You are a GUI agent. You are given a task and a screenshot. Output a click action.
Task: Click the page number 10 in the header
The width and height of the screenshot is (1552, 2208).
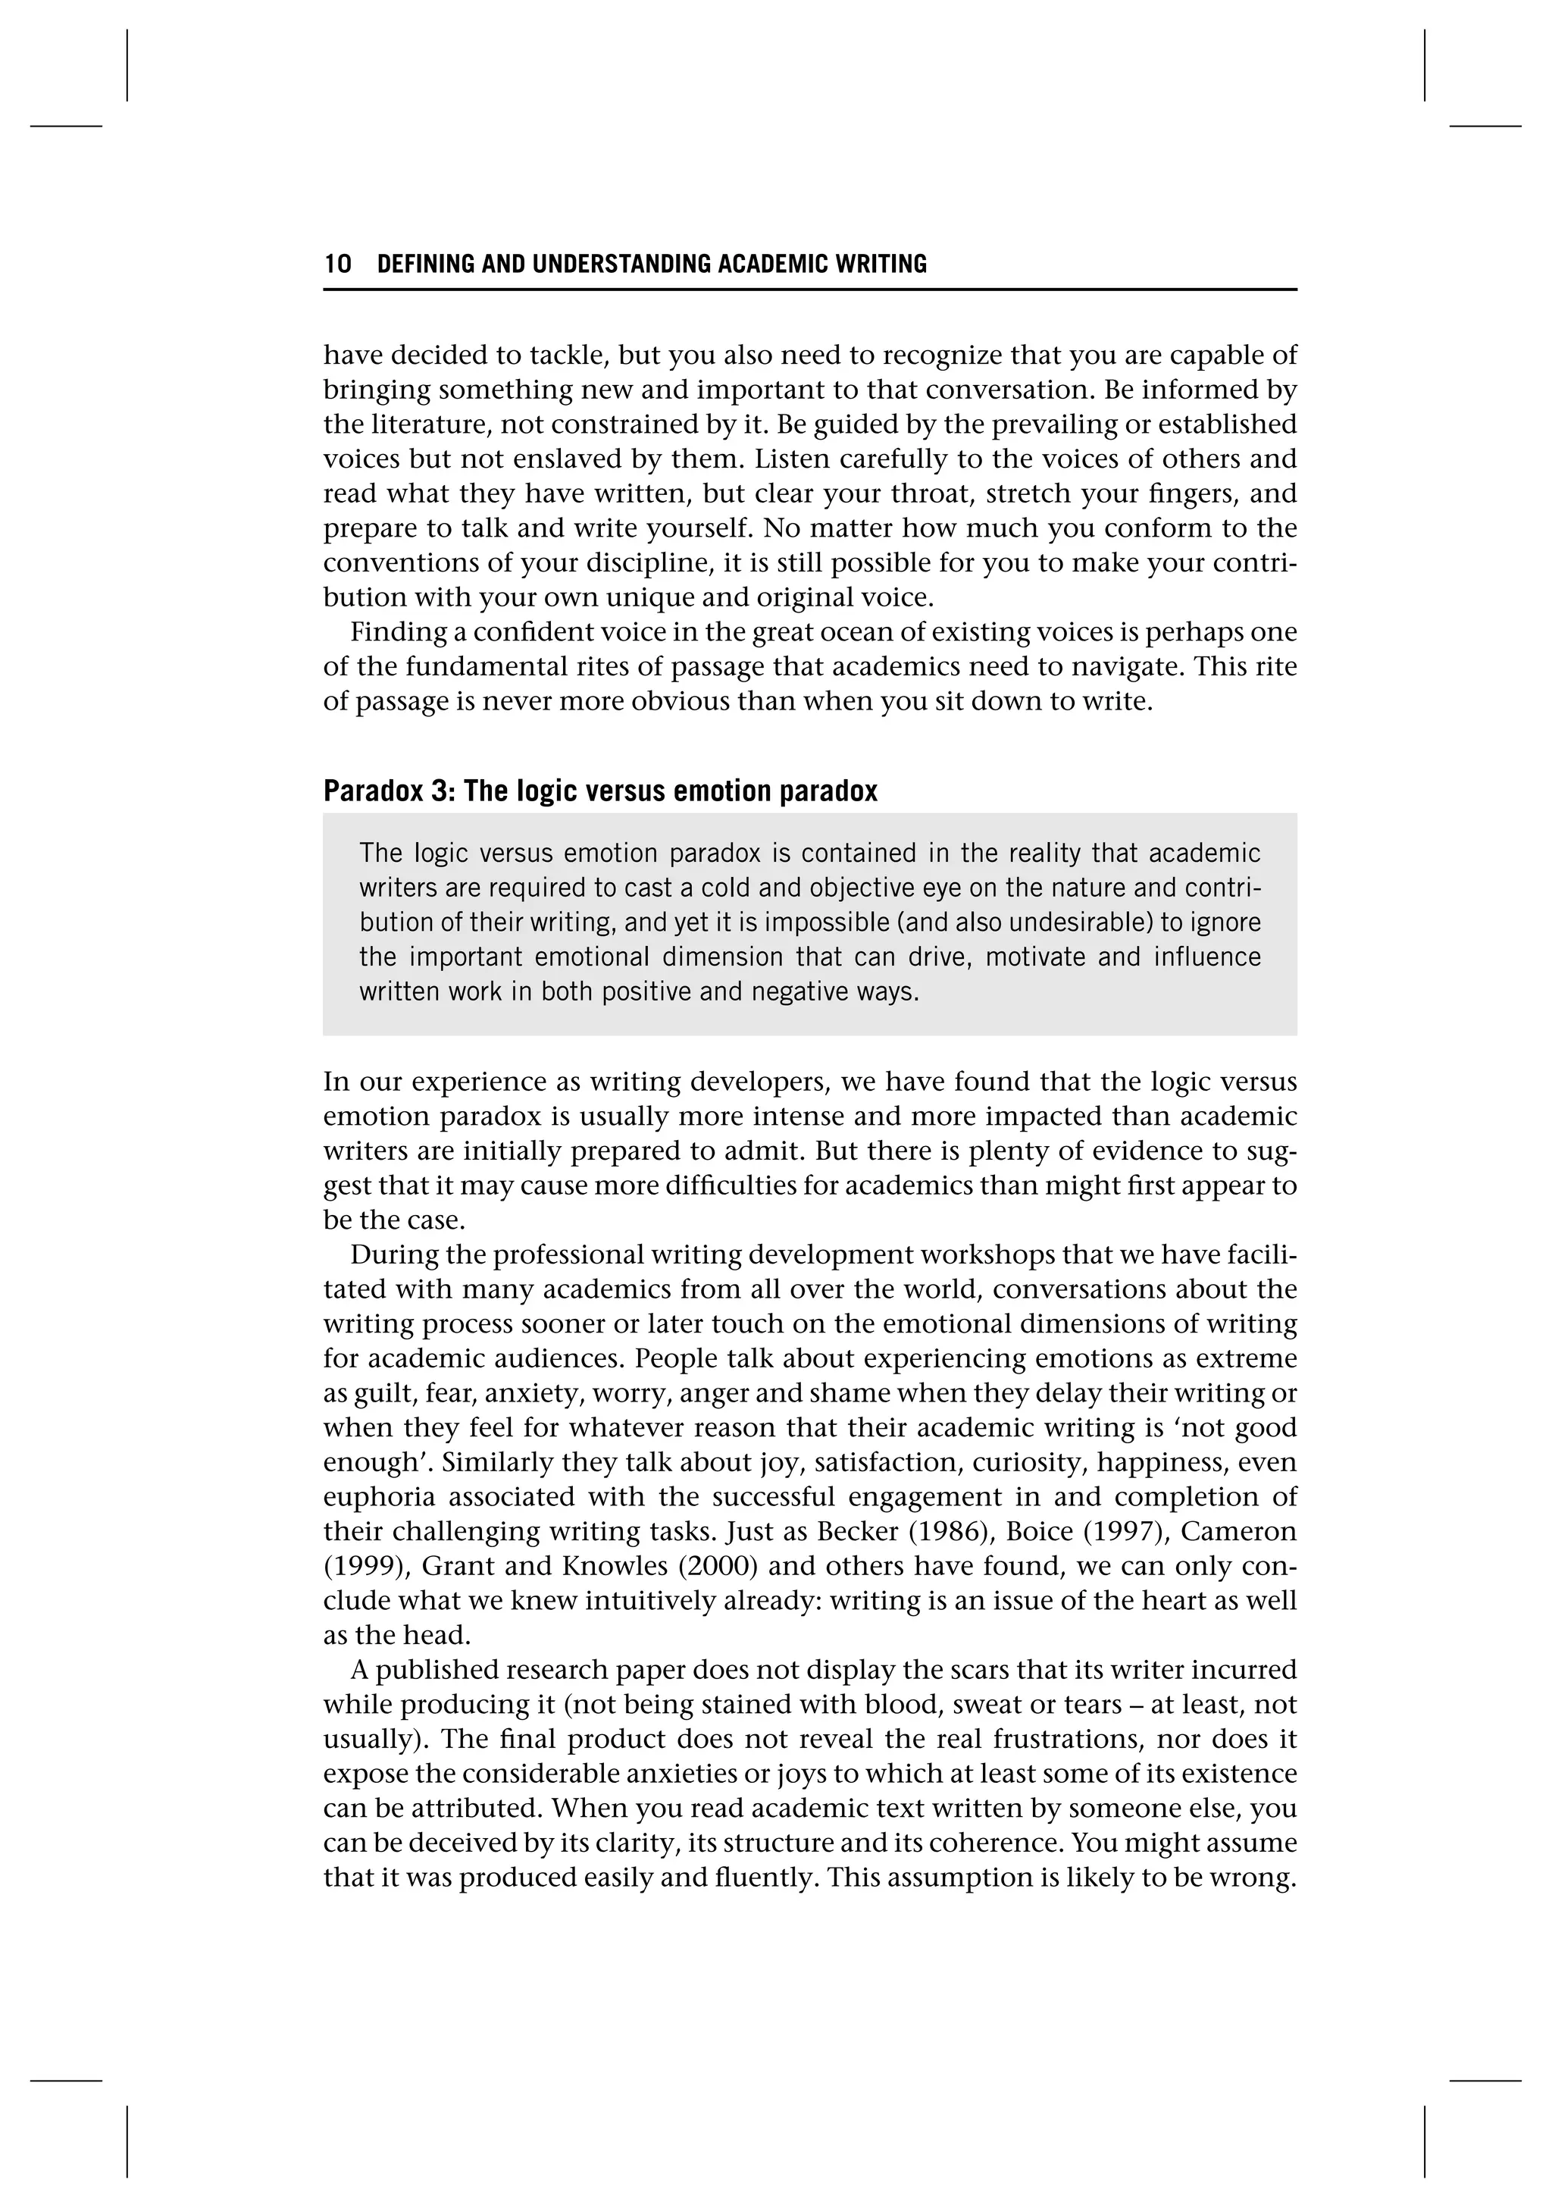click(337, 265)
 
